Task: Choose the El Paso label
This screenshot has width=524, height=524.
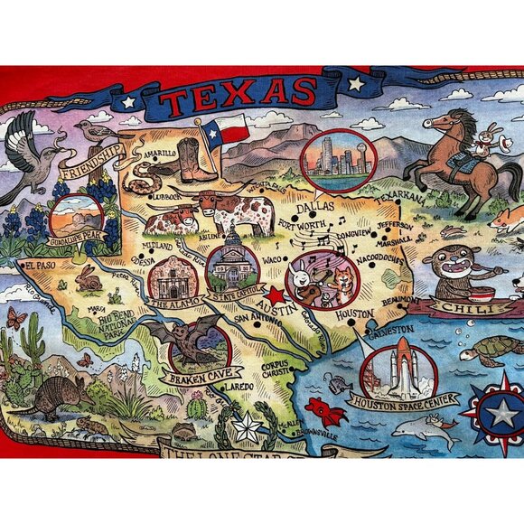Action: click(x=42, y=267)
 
